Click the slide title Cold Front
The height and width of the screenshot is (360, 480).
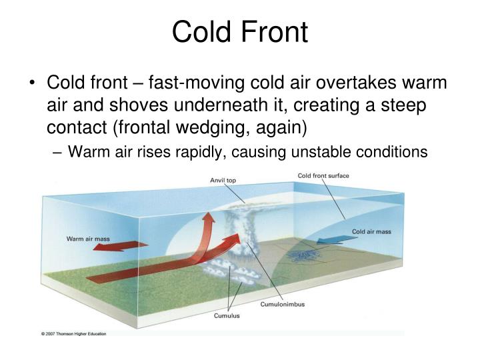point(240,32)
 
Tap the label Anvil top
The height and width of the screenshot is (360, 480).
point(223,180)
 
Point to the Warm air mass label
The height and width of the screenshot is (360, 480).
point(87,238)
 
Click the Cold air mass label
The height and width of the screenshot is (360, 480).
point(371,231)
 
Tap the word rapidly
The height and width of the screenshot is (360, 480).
point(194,152)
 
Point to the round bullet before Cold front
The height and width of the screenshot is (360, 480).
point(33,85)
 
